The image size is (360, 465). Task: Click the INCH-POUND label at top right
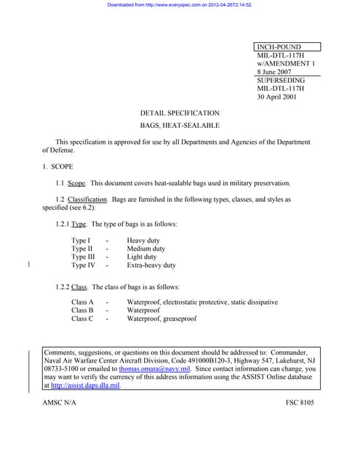279,47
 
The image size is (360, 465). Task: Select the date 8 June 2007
277,72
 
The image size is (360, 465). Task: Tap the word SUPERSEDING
280,81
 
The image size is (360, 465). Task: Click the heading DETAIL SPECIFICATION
180,113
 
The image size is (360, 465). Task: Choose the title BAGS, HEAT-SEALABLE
180,126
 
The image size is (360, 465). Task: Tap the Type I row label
81,240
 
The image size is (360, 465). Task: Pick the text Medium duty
146,248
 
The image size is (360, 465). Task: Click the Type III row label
83,257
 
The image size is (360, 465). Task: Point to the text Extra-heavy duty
151,265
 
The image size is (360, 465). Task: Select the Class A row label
82,302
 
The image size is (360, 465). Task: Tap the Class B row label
82,310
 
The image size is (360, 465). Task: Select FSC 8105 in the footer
300,403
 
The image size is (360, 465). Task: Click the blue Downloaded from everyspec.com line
180,4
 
